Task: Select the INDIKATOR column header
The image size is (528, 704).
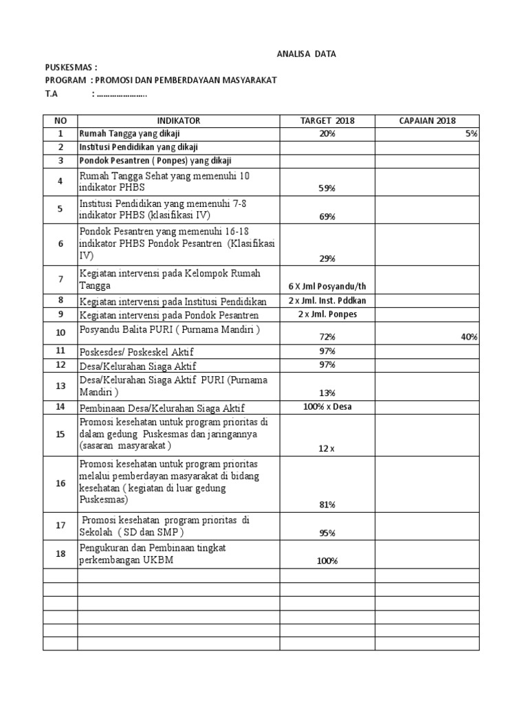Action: pos(178,121)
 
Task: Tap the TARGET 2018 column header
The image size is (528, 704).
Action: pos(327,121)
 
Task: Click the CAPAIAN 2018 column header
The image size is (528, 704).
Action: pos(427,121)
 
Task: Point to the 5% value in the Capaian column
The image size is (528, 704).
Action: pos(472,134)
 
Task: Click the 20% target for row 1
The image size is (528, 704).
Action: pos(327,134)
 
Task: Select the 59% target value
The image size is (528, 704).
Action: pos(327,188)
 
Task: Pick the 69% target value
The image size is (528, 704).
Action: pos(327,217)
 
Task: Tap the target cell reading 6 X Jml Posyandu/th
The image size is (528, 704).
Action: pos(327,286)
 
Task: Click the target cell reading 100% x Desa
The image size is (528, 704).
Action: pos(327,407)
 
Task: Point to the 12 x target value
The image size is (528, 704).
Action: pos(327,449)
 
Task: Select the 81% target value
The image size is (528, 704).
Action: pos(327,505)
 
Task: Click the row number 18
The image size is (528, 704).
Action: pos(60,553)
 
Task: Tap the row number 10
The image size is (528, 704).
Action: pos(60,332)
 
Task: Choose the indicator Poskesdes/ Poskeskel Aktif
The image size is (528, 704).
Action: pos(137,352)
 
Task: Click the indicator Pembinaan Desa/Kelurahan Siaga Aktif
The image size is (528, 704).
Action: pos(162,408)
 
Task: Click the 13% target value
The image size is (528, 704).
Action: pos(327,393)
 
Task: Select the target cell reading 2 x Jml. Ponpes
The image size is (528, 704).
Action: pos(327,314)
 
